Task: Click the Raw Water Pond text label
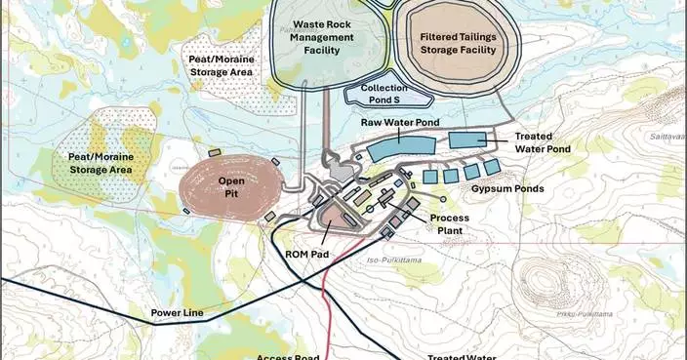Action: tap(400, 123)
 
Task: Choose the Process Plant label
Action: tap(450, 224)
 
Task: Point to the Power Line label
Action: tap(178, 313)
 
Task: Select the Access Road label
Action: tap(288, 356)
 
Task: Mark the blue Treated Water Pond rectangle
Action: tap(473, 140)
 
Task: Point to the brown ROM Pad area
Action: tap(338, 218)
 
